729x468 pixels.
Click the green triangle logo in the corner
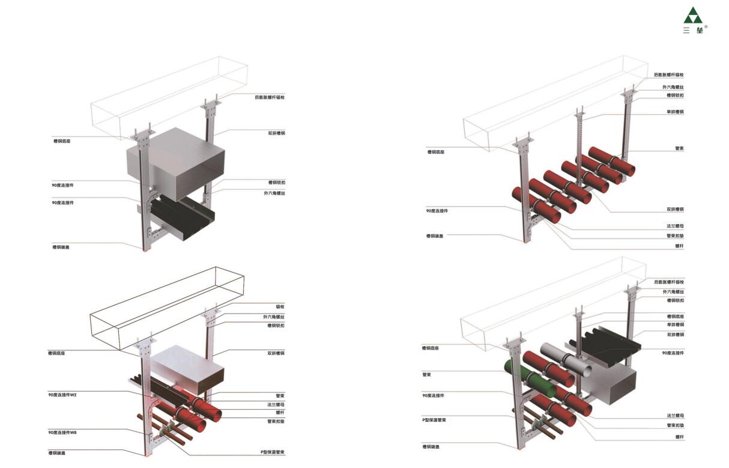(693, 16)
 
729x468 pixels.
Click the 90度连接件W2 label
(63, 395)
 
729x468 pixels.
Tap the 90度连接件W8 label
(63, 432)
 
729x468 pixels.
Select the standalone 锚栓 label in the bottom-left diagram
(280, 306)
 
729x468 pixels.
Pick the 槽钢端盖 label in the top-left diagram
(61, 246)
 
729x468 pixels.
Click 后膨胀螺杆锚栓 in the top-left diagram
(270, 97)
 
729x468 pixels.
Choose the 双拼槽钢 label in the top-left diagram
(276, 133)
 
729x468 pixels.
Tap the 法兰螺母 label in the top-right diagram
(675, 226)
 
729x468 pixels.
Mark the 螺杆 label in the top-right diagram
(679, 246)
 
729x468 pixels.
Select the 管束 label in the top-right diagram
(679, 148)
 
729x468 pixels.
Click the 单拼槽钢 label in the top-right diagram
(675, 111)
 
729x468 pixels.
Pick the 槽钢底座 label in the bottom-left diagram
(57, 353)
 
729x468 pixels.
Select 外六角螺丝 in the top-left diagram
(274, 193)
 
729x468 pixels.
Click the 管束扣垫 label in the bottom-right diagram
(675, 425)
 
